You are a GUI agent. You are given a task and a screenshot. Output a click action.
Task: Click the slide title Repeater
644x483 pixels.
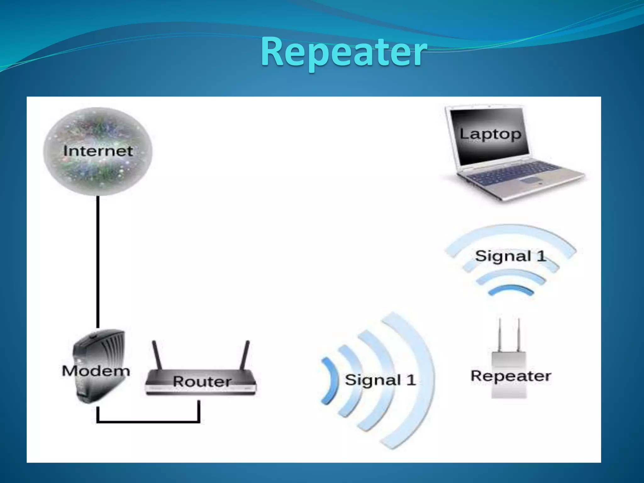click(x=344, y=52)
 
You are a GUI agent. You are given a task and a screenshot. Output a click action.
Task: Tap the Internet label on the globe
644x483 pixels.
click(x=98, y=151)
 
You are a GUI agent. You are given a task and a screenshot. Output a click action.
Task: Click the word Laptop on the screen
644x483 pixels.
click(x=490, y=134)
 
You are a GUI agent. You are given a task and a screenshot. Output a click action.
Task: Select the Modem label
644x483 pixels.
click(x=96, y=371)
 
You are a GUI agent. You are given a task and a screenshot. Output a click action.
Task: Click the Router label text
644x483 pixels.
click(x=202, y=381)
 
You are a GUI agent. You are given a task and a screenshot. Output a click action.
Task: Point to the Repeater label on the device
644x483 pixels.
click(x=511, y=376)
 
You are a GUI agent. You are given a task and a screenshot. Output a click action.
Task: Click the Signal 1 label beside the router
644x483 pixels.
click(x=380, y=380)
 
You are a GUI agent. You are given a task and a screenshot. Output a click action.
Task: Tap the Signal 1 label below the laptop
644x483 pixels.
click(x=510, y=256)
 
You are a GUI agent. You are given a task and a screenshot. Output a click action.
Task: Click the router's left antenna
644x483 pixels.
click(x=157, y=356)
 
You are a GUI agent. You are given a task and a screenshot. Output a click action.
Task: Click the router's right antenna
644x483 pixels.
click(x=245, y=355)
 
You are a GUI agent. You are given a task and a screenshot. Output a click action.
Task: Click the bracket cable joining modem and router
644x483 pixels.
click(x=148, y=421)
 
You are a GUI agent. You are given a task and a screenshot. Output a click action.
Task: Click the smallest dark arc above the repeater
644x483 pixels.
click(x=511, y=290)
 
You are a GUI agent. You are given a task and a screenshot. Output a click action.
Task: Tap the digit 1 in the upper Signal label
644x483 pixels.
click(x=541, y=256)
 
